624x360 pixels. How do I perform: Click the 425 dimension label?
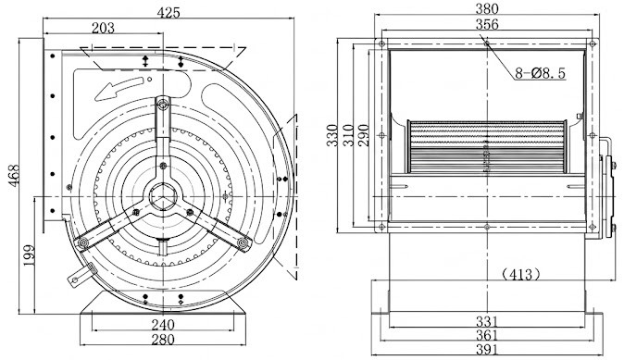tap(168, 12)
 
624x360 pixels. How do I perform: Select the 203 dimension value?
tap(103, 28)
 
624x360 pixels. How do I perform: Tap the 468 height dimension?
tap(14, 175)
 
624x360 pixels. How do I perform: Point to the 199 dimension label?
tap(29, 255)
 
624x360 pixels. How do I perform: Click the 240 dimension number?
tap(163, 325)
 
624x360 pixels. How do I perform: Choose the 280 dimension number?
tap(163, 340)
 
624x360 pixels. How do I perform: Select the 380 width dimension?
tap(487, 8)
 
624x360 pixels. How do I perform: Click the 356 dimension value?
tap(487, 25)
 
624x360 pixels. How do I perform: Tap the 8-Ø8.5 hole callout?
tap(540, 73)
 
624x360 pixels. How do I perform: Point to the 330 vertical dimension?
tap(331, 135)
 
